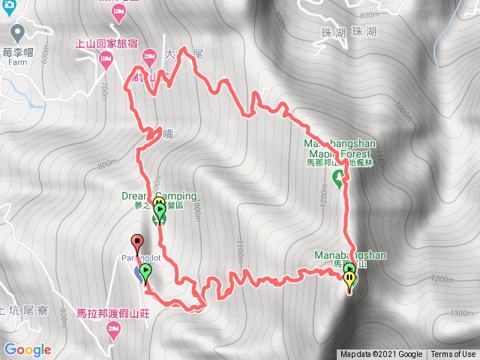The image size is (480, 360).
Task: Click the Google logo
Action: (27, 349)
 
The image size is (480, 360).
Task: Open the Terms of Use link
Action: (453, 355)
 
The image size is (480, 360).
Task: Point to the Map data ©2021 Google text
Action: (380, 355)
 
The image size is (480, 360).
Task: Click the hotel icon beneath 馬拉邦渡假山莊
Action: (113, 329)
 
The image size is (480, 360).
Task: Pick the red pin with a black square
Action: (136, 243)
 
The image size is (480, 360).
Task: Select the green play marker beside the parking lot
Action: (145, 271)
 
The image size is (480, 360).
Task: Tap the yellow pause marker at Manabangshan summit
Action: (349, 280)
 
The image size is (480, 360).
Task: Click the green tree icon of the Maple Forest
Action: (339, 178)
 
